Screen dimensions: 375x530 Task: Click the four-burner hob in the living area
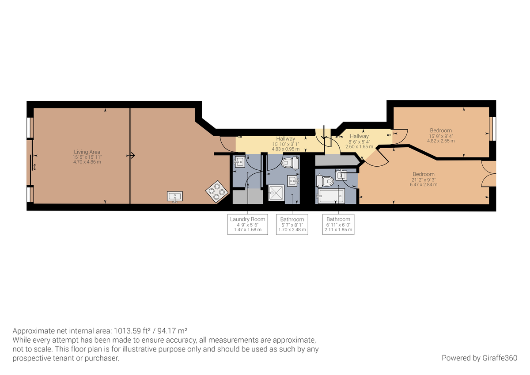[216, 192]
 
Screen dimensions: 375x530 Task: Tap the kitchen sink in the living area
[175, 196]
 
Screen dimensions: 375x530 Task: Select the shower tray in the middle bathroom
[277, 193]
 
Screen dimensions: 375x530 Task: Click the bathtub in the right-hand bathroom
[331, 195]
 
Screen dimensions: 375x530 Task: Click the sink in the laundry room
[238, 162]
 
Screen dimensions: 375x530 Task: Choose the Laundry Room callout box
[247, 224]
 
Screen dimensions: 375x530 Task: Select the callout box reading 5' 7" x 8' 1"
[292, 224]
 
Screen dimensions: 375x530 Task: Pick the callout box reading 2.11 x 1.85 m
[338, 224]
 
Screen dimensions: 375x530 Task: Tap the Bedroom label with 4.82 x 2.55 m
[441, 135]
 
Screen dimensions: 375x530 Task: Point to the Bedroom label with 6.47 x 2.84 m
[423, 179]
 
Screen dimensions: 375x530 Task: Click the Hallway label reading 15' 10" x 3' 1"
[285, 144]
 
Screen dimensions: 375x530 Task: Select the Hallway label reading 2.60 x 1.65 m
[359, 141]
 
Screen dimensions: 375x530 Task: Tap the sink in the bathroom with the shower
[294, 180]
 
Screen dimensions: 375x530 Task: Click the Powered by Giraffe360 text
[479, 357]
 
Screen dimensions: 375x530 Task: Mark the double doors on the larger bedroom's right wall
[488, 173]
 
